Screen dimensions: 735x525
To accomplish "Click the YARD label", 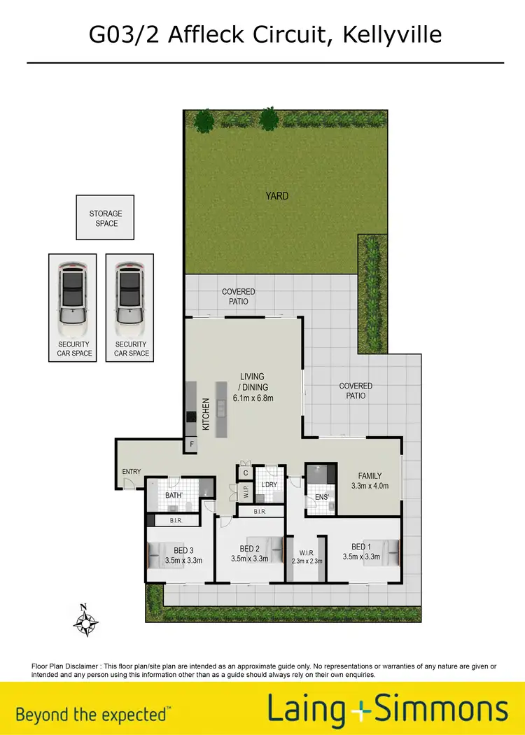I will click(276, 196).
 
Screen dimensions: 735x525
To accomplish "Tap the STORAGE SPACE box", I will click(105, 218).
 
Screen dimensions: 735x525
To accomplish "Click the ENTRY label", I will click(132, 472).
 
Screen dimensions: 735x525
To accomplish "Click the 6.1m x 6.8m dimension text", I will click(253, 398).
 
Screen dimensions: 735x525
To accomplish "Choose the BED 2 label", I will click(250, 549).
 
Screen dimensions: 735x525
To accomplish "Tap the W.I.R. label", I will click(306, 552).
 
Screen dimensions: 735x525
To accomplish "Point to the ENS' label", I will click(321, 498).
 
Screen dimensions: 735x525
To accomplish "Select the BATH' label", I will click(174, 496).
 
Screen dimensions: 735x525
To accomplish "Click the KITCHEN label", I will click(206, 414).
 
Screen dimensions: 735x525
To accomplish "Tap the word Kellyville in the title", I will click(393, 33).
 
